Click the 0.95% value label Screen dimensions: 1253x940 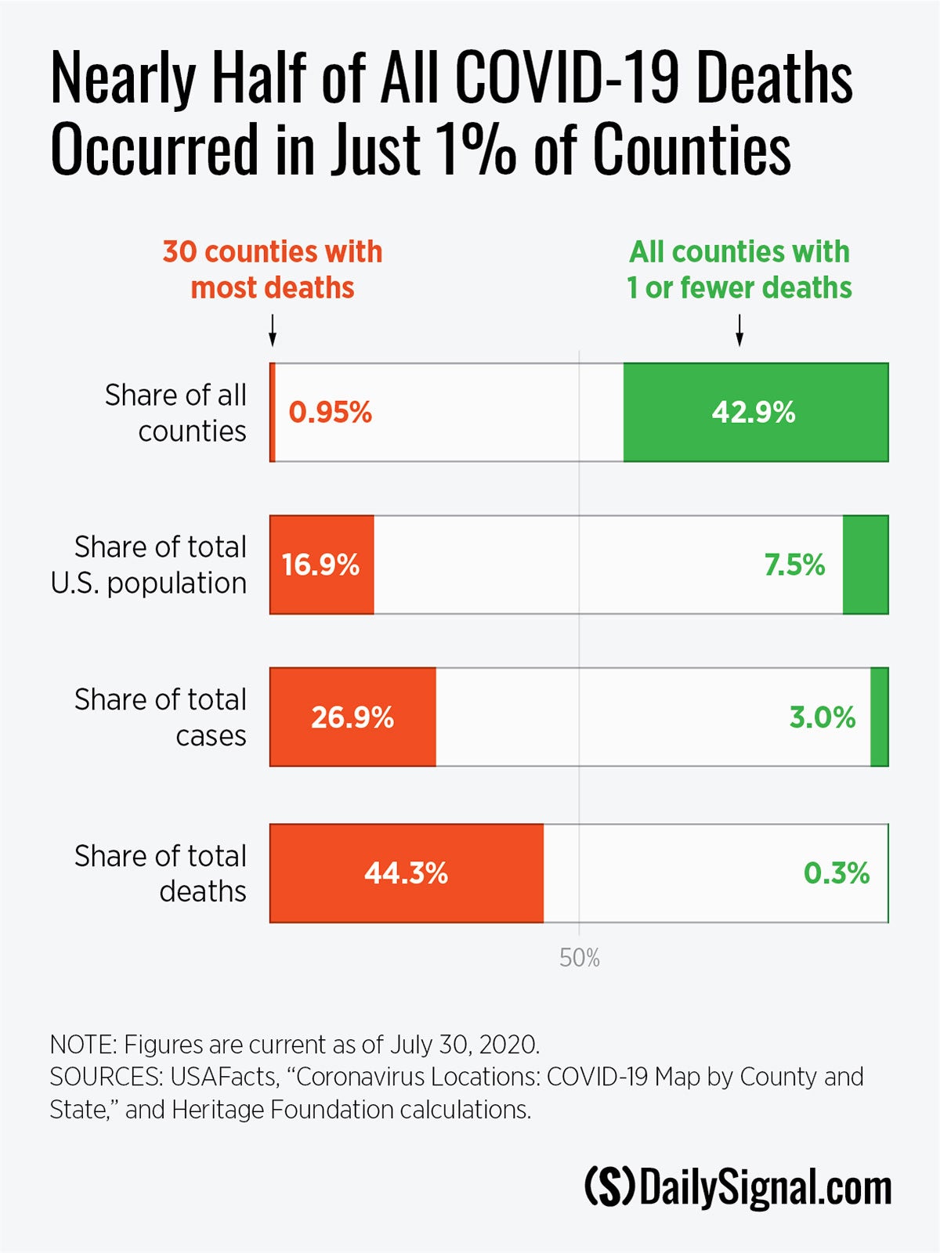pos(330,413)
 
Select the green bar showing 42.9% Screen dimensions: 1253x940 pos(755,413)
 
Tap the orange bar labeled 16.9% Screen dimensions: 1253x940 pos(321,565)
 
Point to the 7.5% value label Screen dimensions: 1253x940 pos(794,565)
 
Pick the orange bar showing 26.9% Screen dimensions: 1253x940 pos(352,717)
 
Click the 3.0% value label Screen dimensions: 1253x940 pos(822,717)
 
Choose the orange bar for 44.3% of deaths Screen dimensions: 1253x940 pos(406,873)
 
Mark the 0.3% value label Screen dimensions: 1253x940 pos(836,873)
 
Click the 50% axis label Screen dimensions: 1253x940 pos(580,958)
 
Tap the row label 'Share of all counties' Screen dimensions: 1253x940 pos(176,413)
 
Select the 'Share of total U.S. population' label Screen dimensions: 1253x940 pos(149,565)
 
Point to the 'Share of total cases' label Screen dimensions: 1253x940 pos(161,717)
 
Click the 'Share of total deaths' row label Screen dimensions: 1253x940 pos(161,873)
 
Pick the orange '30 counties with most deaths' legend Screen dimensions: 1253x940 pos(273,269)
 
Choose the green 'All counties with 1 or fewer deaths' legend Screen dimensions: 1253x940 pos(739,269)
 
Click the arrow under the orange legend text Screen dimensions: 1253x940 pos(273,330)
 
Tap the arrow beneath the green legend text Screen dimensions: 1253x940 pos(739,330)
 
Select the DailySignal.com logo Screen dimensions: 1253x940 pos(738,1188)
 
